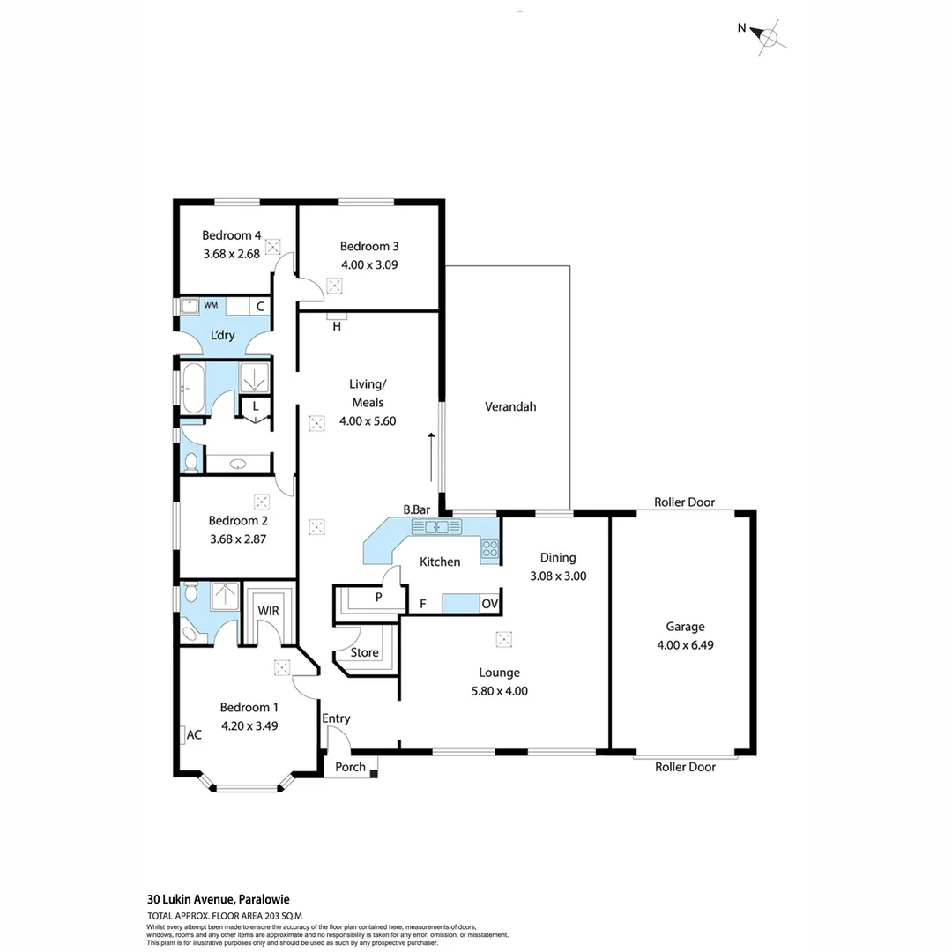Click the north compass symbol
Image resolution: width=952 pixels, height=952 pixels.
[x=769, y=36]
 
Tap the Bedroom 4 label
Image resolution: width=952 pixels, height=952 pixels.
[x=231, y=235]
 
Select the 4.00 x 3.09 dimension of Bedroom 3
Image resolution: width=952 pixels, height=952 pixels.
[x=369, y=264]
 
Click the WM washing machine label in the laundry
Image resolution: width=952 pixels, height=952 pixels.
[x=211, y=306]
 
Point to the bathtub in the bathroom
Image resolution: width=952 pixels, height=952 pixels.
[x=194, y=385]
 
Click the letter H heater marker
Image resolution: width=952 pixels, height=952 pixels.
[x=337, y=326]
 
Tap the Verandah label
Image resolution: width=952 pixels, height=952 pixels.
[x=510, y=406]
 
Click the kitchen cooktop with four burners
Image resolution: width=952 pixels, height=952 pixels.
[x=490, y=550]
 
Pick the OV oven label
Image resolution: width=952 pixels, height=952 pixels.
[x=489, y=604]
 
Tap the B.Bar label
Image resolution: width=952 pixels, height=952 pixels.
[x=416, y=509]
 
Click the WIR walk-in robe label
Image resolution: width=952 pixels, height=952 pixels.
[x=268, y=610]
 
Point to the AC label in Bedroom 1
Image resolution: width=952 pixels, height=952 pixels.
[x=194, y=734]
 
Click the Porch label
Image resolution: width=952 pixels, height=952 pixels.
[x=351, y=767]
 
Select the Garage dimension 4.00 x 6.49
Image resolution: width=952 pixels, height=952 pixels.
[x=685, y=644]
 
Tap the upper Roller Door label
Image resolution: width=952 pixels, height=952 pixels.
[x=684, y=502]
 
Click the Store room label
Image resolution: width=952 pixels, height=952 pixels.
[x=364, y=653]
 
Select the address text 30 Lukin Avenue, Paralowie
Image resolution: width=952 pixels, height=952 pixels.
[x=218, y=900]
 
